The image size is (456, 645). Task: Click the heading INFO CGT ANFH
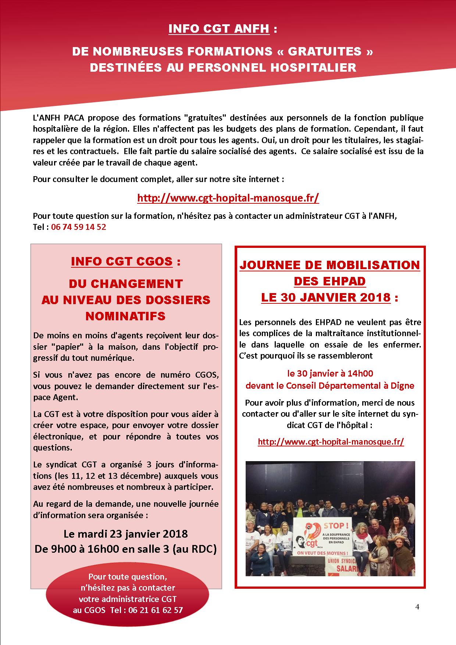[x=219, y=29]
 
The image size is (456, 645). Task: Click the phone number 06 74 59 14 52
[x=79, y=227]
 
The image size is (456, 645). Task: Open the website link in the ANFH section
[x=228, y=198]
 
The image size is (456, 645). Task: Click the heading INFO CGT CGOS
[x=122, y=261]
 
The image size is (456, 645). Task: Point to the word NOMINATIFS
[x=125, y=316]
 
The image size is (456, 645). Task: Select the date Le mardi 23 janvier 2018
[x=125, y=533]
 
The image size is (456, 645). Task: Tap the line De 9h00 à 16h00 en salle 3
[x=125, y=549]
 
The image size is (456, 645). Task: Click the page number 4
[x=417, y=607]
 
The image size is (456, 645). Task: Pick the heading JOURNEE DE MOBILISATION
[x=329, y=265]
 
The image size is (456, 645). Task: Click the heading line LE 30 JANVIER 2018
[x=325, y=297]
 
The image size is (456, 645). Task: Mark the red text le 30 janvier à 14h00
[x=330, y=374]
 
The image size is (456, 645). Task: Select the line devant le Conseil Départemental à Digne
[x=330, y=386]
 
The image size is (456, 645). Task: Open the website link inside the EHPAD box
[x=331, y=442]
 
